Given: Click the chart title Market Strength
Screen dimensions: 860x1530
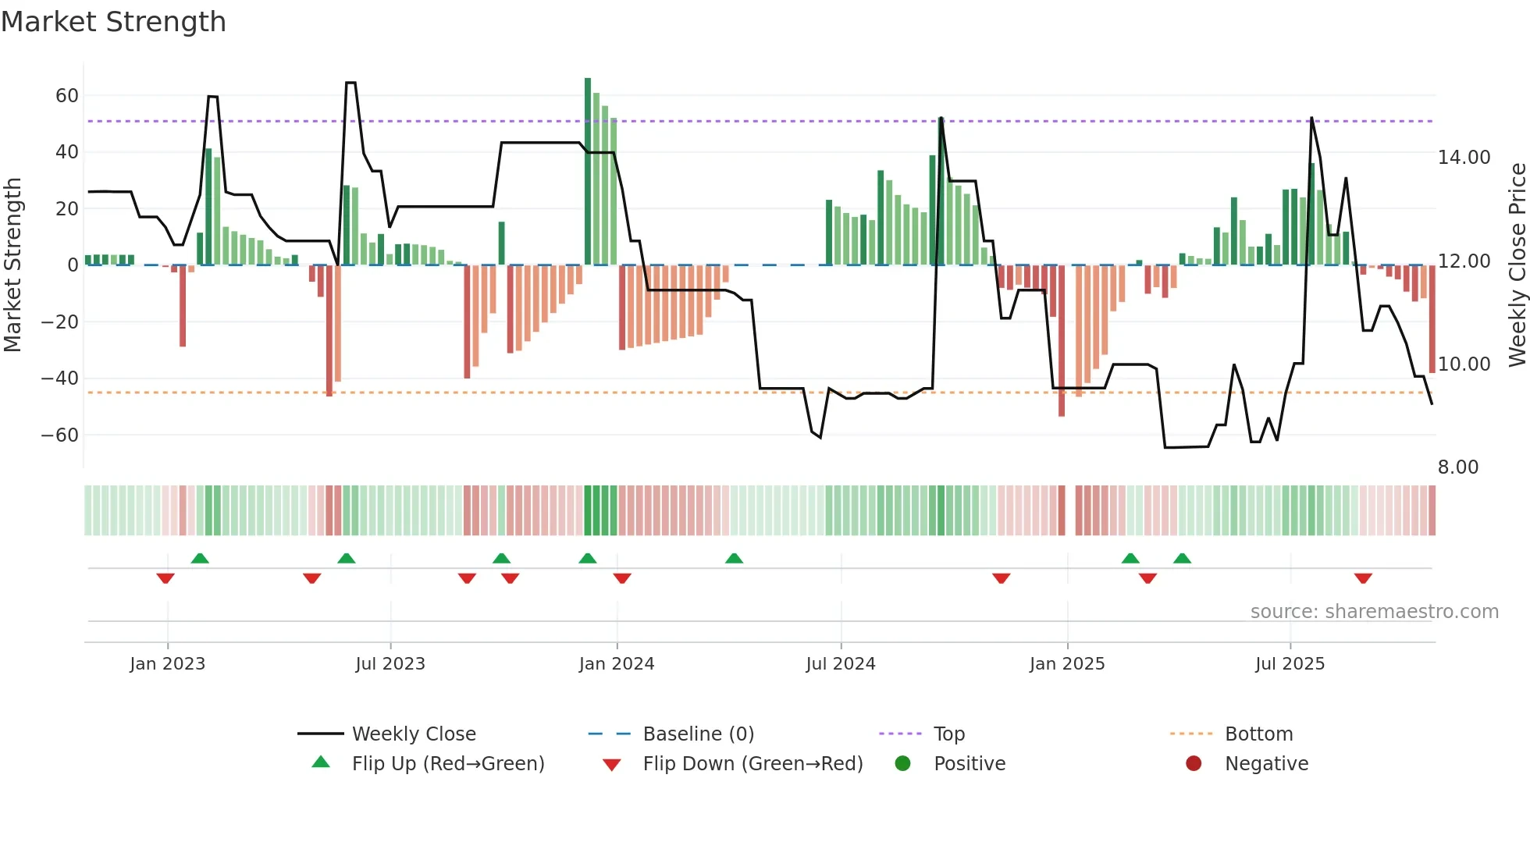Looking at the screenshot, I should point(113,22).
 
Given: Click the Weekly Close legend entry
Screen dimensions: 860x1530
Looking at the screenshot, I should point(413,734).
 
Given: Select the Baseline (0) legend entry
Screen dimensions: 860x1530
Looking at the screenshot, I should point(698,734).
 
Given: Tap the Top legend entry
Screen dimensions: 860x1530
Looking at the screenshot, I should point(948,734).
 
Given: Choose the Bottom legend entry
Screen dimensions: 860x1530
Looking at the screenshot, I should point(1258,734).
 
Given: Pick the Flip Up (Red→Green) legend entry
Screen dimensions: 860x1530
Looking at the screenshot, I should point(447,764).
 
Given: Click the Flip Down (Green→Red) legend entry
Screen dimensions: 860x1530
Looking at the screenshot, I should point(753,764).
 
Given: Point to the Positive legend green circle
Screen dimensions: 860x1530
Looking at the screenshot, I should point(902,764).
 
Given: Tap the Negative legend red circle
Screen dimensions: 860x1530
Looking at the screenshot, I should point(1194,764).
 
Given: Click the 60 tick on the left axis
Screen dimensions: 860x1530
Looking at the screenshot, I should point(67,96).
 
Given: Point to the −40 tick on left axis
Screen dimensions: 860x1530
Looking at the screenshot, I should point(59,378).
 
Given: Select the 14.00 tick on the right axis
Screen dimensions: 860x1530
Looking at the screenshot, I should point(1464,158).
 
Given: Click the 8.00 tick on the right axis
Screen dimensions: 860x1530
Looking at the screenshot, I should point(1457,467).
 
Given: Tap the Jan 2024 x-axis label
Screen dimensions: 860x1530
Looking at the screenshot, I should point(616,664).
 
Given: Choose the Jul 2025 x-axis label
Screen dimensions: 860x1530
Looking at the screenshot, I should point(1290,664).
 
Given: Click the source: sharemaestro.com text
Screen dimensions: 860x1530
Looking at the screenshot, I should point(1374,612).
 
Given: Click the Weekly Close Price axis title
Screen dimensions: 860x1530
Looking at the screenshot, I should point(1517,265).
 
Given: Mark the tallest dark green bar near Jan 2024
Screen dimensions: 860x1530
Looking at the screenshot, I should point(588,172).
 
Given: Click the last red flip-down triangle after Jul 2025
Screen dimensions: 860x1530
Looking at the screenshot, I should point(1363,578).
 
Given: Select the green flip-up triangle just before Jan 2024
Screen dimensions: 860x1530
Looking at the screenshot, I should point(588,558).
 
